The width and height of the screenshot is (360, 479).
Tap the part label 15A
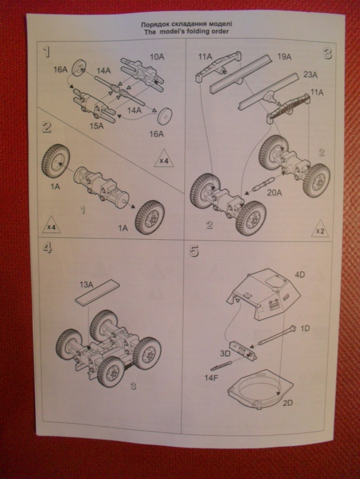(97, 126)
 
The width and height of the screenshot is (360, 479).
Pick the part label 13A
(86, 285)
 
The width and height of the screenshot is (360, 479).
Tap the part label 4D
(300, 275)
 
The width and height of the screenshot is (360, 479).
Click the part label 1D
(305, 328)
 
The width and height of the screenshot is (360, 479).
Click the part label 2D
(287, 403)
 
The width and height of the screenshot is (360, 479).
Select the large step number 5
(194, 251)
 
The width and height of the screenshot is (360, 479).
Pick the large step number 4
(47, 248)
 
